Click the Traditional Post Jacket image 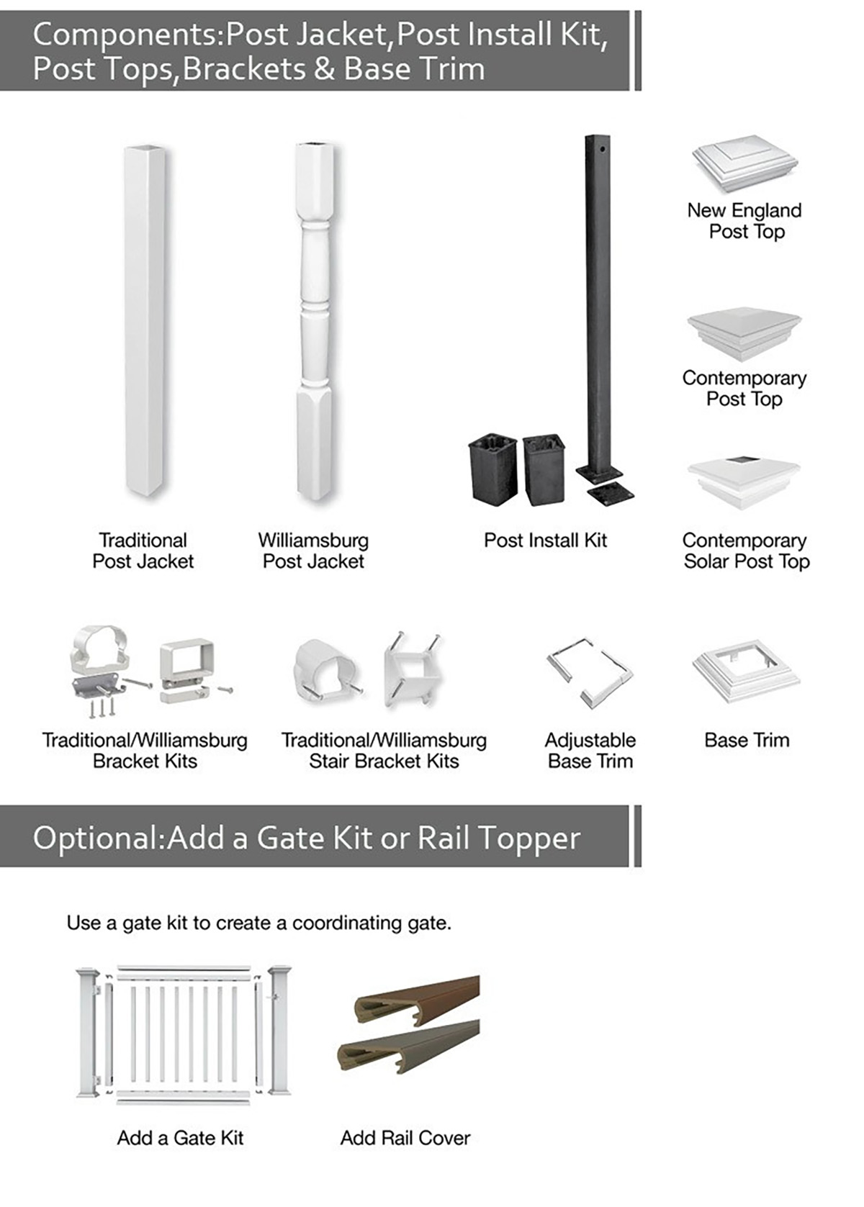pyautogui.click(x=144, y=320)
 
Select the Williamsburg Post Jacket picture pyautogui.click(x=314, y=320)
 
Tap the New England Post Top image pyautogui.click(x=744, y=164)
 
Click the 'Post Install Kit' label pyautogui.click(x=545, y=540)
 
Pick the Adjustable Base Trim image pyautogui.click(x=590, y=673)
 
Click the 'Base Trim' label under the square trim pyautogui.click(x=747, y=740)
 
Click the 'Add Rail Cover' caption pyautogui.click(x=405, y=1137)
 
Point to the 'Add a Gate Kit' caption pyautogui.click(x=180, y=1137)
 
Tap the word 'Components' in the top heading pyautogui.click(x=127, y=35)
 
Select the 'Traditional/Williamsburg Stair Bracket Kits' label pyautogui.click(x=384, y=751)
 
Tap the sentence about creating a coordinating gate pyautogui.click(x=258, y=923)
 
